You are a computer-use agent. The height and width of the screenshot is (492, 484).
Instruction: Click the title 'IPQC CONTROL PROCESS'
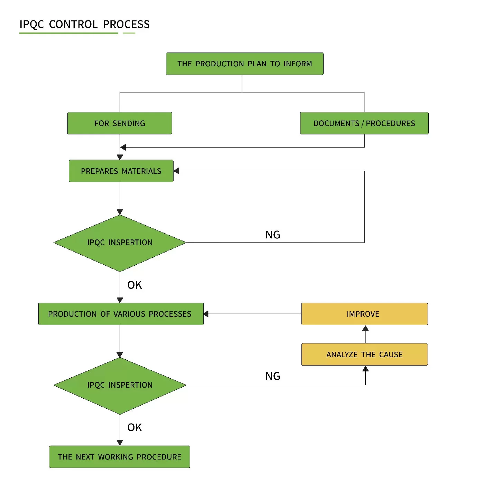84,24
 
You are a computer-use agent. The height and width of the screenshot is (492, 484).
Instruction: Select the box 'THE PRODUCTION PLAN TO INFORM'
244,64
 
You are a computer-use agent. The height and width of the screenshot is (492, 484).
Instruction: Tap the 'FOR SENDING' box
120,123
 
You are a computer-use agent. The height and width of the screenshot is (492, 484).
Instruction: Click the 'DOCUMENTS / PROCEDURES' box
364,123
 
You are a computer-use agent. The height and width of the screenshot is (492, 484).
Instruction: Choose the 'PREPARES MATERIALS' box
121,171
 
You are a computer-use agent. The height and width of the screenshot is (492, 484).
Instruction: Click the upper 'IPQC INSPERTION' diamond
120,243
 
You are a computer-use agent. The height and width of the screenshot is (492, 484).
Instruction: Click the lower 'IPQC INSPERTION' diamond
120,385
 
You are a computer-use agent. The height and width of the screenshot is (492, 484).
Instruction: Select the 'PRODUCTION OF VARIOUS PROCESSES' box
121,314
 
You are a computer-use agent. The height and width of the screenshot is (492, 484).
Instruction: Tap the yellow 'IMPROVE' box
364,314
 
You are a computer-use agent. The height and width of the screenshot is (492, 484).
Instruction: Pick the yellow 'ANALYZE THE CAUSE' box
364,354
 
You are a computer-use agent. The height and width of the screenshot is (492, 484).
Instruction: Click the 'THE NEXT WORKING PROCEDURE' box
120,457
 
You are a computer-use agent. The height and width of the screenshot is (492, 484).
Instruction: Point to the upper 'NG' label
273,235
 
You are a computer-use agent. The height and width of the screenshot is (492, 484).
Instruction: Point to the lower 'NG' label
273,376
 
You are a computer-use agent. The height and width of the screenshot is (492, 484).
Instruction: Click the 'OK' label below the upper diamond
134,285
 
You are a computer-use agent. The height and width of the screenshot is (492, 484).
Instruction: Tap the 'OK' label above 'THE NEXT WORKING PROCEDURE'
134,428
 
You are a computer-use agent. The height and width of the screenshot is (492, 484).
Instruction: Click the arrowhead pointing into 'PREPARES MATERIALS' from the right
176,171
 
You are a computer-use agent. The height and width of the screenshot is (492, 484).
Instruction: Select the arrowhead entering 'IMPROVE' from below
365,328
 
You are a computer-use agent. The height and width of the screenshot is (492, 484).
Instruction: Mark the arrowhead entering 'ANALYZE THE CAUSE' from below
365,369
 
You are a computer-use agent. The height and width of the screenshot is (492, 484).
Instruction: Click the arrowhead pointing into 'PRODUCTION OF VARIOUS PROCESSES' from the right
206,314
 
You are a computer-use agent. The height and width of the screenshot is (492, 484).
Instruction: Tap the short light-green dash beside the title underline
129,33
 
